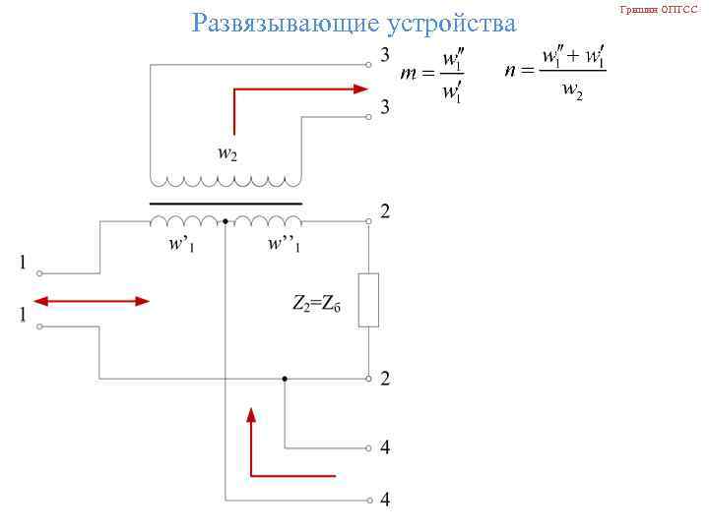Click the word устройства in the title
(x=453, y=23)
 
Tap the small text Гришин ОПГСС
(x=658, y=9)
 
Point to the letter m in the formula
(x=411, y=74)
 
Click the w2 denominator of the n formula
(x=571, y=90)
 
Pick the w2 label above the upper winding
(x=226, y=153)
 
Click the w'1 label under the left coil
(x=180, y=244)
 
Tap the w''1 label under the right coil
(x=285, y=244)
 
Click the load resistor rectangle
(x=368, y=300)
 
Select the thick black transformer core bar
(x=226, y=204)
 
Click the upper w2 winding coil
(x=226, y=181)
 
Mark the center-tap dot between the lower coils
(x=226, y=221)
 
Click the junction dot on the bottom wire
(x=285, y=378)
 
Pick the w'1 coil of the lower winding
(x=187, y=219)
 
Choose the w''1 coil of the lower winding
(x=264, y=219)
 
